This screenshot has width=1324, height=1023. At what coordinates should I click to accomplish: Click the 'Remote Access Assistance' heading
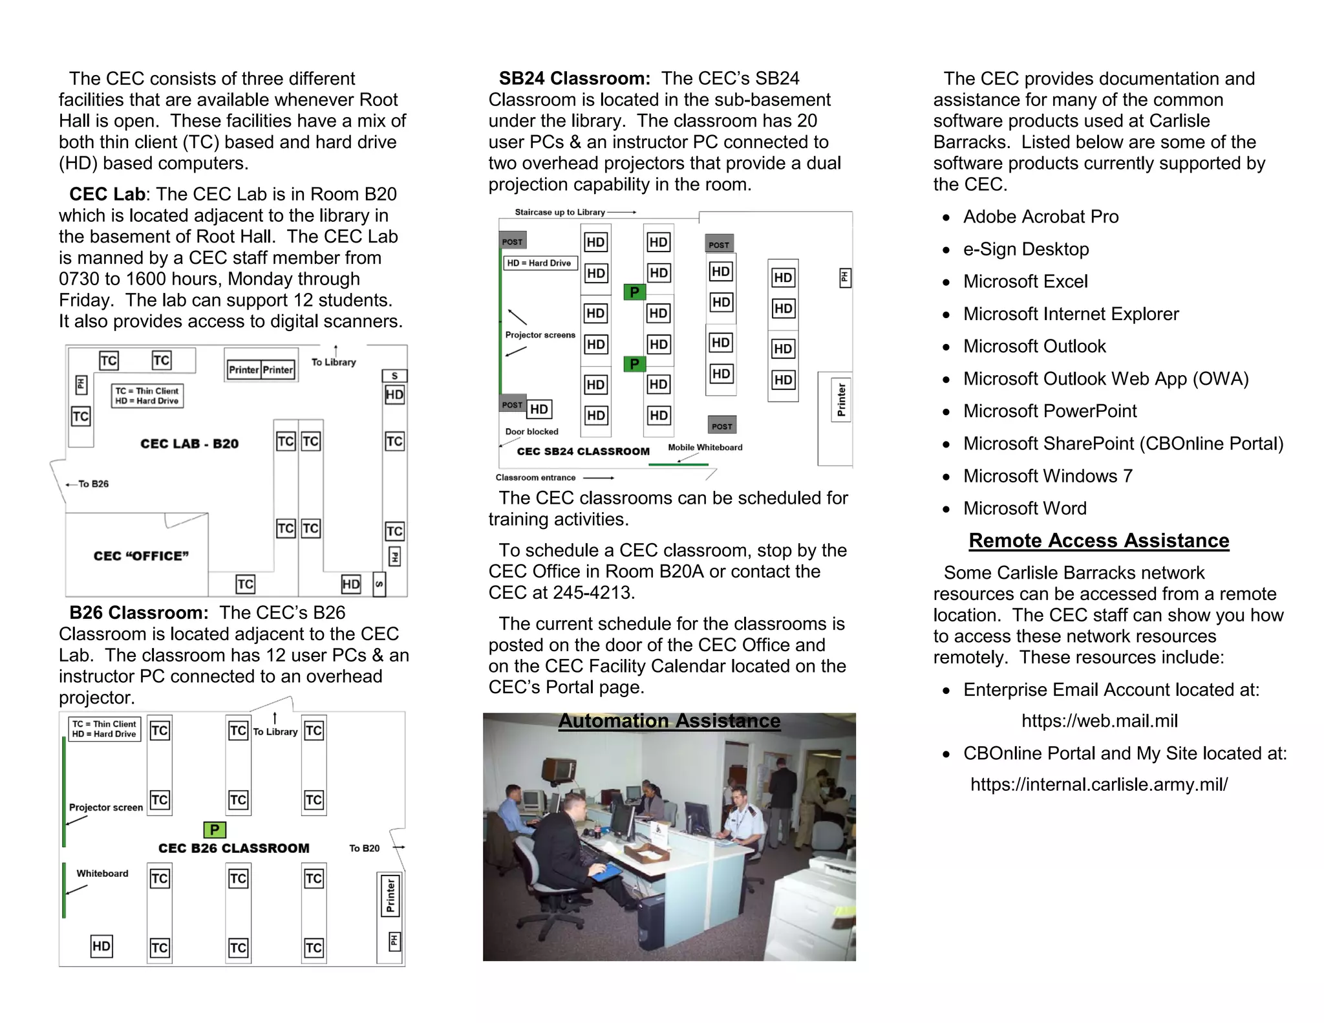tap(1098, 541)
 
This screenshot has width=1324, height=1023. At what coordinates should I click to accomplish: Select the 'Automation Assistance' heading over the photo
tap(669, 721)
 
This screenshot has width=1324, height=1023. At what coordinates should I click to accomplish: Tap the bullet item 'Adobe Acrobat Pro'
tap(1040, 217)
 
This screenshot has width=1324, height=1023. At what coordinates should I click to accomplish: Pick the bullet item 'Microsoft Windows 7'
tap(1047, 476)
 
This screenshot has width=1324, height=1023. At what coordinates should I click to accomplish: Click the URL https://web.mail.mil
tap(1099, 721)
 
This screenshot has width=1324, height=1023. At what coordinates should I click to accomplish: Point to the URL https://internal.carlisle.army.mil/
tap(1098, 784)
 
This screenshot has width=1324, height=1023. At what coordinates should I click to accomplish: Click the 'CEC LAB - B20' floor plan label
tap(189, 444)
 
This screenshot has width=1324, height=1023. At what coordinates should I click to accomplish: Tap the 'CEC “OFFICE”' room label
tap(141, 556)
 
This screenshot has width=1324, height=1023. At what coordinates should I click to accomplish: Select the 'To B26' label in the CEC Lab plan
tap(93, 484)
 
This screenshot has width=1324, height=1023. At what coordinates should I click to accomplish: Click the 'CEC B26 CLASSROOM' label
tap(233, 848)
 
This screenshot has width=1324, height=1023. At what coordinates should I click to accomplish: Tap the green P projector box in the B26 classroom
tap(215, 830)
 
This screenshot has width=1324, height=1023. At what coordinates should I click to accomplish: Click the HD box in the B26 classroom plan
tap(101, 947)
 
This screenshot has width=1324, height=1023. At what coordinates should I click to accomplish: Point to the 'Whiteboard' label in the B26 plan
tap(102, 874)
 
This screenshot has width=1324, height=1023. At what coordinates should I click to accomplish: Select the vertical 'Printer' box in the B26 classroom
tap(390, 896)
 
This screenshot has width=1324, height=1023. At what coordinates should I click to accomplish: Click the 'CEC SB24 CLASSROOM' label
tap(583, 451)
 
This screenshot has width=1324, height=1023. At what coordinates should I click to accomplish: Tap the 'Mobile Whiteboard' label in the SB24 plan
tap(705, 447)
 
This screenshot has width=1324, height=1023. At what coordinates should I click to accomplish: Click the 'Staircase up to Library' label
tap(560, 212)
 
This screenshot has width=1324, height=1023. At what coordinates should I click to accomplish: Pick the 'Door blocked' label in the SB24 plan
tap(531, 432)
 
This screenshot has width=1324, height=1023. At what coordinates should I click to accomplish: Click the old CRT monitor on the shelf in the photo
tap(559, 769)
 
